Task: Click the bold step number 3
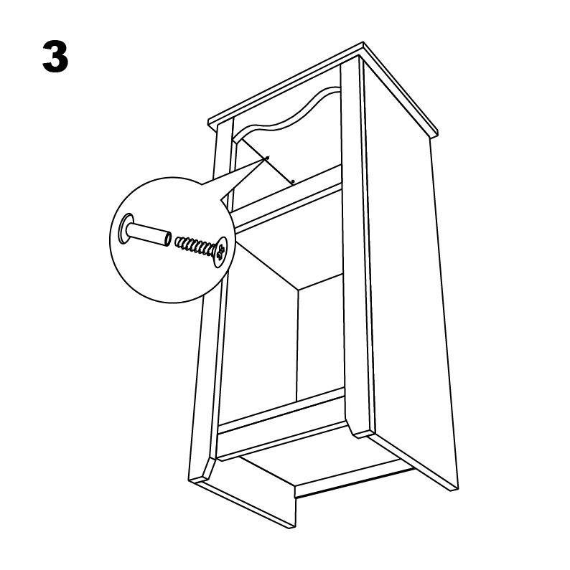pyautogui.click(x=55, y=57)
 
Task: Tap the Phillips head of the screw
pyautogui.click(x=220, y=252)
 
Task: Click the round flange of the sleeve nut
pyautogui.click(x=126, y=229)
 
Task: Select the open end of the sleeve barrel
pyautogui.click(x=167, y=238)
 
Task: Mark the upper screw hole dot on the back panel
pyautogui.click(x=268, y=158)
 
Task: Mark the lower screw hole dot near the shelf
pyautogui.click(x=293, y=181)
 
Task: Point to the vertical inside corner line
pyautogui.click(x=298, y=341)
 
